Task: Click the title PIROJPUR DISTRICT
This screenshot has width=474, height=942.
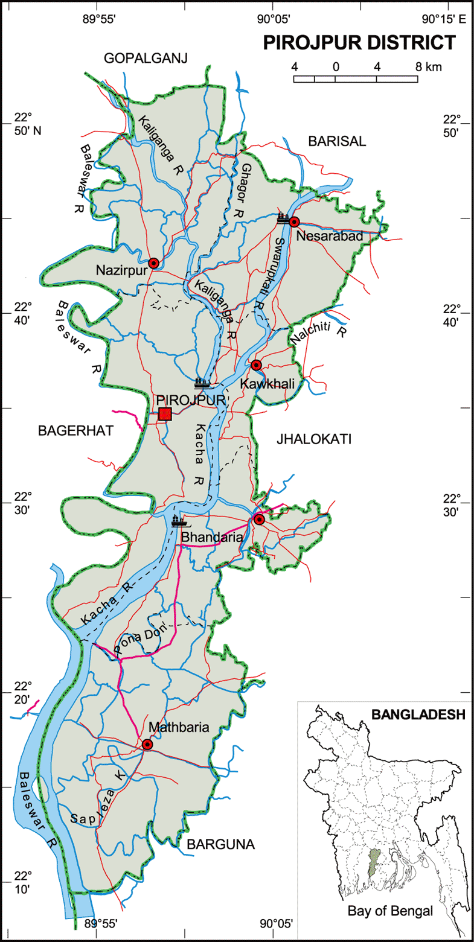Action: coord(359,43)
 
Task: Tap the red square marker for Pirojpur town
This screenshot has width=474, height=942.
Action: coord(165,414)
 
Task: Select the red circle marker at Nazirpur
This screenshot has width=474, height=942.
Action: coord(153,263)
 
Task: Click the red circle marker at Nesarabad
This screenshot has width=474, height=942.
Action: coord(294,221)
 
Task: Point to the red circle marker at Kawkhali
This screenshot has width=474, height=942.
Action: coord(256,364)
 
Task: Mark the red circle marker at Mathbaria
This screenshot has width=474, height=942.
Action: coord(147,745)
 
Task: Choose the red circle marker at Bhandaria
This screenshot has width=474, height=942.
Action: coord(259,520)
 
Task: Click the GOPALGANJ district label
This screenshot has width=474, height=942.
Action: coord(146,58)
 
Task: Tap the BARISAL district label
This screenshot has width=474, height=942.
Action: coord(337,141)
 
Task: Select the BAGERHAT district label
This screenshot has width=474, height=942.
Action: coord(67,430)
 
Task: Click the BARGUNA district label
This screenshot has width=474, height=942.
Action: coord(220,844)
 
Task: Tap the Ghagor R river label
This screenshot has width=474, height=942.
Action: coord(248,185)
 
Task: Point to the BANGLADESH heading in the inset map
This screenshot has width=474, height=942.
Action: coord(418,715)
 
